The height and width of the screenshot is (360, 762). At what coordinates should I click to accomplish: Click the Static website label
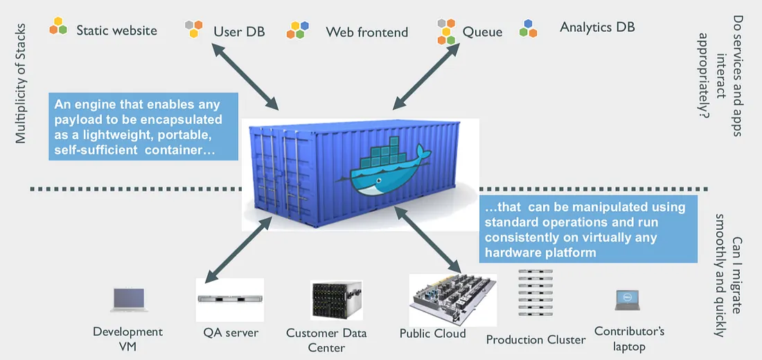pos(116,30)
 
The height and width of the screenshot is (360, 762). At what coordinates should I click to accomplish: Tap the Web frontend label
pos(366,32)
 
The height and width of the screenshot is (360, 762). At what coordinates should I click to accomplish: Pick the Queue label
pos(482,32)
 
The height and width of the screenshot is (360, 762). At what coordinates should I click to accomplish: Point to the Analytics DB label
pos(597,28)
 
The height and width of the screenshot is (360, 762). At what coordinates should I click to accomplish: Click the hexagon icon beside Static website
pos(58,26)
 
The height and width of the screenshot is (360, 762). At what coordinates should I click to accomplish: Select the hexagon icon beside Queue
pos(446,31)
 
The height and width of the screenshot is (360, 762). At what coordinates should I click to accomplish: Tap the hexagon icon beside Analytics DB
pos(529,28)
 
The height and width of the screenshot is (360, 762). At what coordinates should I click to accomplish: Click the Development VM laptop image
pos(129,300)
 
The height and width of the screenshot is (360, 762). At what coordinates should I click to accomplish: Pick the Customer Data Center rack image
pos(337,300)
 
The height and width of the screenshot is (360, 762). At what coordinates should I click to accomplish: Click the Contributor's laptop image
pos(627,300)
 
